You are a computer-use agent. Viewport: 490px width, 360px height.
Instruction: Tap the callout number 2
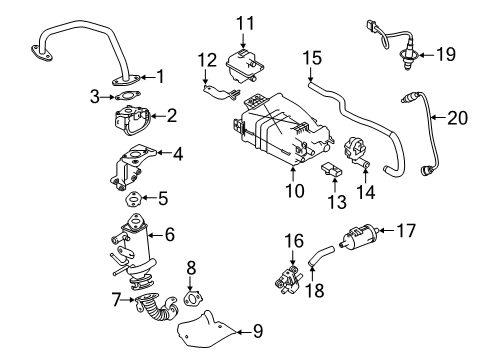[172, 118]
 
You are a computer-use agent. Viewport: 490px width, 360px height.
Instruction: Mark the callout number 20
[457, 118]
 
